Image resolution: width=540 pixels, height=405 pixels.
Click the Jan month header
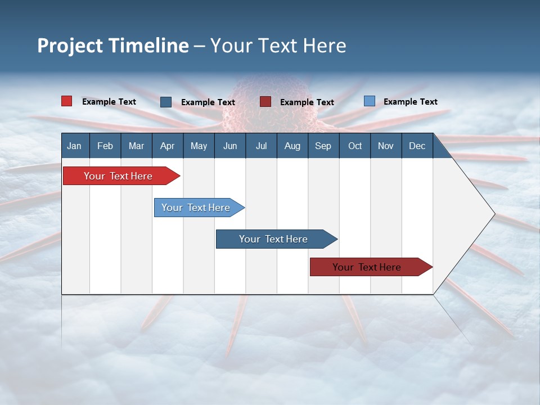coord(74,146)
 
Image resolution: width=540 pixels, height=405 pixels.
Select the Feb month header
coord(105,146)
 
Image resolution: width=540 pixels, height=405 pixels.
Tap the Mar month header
coord(136,146)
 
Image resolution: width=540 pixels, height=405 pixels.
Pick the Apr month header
coord(167,146)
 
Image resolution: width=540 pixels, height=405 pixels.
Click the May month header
coord(199,146)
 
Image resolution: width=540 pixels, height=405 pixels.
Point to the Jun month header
coord(230,146)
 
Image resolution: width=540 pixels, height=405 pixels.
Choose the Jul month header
coord(261,146)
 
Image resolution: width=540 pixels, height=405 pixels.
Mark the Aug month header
coord(292,146)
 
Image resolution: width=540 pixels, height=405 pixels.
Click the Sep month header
coord(323,146)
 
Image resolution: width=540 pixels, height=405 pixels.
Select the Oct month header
coord(355,146)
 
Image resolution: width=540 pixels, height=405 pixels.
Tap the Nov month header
coord(386,146)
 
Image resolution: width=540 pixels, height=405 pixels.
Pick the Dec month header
coord(417,146)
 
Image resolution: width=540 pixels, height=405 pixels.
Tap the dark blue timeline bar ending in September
coord(274,239)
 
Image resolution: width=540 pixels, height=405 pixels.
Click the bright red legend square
coord(67,101)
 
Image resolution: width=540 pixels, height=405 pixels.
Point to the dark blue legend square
coord(166,102)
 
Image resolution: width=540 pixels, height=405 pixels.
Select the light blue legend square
coord(369,101)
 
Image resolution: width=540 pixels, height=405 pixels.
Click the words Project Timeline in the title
coord(113,46)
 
